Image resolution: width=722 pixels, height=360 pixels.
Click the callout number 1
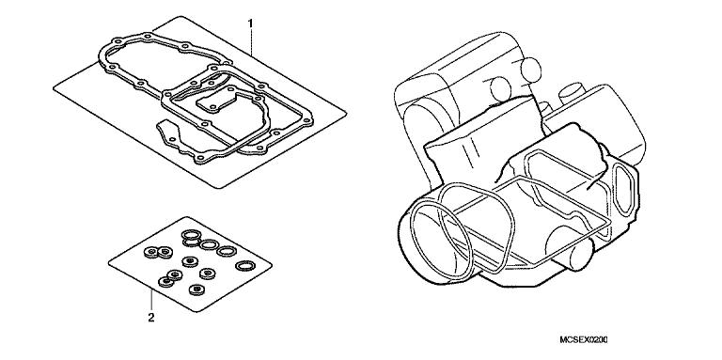pyautogui.click(x=250, y=22)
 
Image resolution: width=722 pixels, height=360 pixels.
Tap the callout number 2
pyautogui.click(x=150, y=318)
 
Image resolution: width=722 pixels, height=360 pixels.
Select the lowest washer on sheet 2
pyautogui.click(x=196, y=288)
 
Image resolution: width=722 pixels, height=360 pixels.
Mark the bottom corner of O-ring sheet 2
pyautogui.click(x=194, y=309)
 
